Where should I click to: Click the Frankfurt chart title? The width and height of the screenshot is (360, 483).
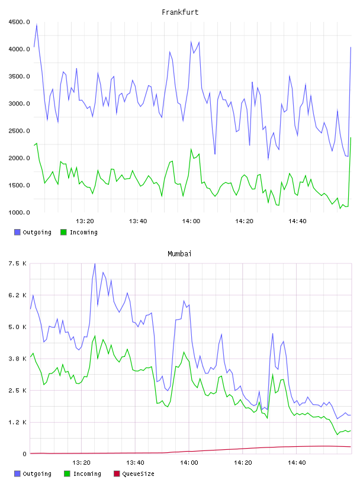click(180, 12)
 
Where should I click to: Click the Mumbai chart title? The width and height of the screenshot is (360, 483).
click(179, 254)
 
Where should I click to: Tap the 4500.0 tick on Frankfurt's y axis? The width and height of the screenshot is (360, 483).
click(19, 22)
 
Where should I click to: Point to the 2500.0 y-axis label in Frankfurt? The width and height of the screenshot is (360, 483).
click(19, 131)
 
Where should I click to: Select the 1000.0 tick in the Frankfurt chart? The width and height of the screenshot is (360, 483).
click(19, 212)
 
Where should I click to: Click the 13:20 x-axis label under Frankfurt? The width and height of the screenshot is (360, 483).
click(85, 221)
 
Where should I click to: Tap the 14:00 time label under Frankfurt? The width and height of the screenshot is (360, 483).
click(191, 221)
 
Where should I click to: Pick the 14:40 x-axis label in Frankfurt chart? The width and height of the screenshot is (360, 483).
click(297, 221)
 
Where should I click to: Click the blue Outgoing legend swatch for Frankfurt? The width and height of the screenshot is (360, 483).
click(17, 232)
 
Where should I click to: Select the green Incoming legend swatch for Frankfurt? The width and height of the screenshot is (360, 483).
click(63, 232)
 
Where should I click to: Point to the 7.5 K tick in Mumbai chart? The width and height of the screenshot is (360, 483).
click(18, 263)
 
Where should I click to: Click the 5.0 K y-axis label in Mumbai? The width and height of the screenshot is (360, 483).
click(18, 327)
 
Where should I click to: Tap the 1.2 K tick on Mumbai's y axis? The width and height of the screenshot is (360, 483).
click(18, 422)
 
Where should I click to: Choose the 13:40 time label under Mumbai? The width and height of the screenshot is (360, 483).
click(136, 463)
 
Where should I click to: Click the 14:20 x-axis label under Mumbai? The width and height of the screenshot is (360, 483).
click(243, 463)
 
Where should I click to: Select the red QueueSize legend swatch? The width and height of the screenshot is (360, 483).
click(117, 474)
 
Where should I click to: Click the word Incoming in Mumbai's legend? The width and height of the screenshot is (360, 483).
click(87, 474)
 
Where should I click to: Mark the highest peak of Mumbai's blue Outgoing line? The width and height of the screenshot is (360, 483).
click(95, 263)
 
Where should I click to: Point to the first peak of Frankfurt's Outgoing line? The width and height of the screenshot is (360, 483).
click(37, 25)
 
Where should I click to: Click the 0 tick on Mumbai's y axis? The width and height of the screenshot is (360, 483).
click(25, 454)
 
